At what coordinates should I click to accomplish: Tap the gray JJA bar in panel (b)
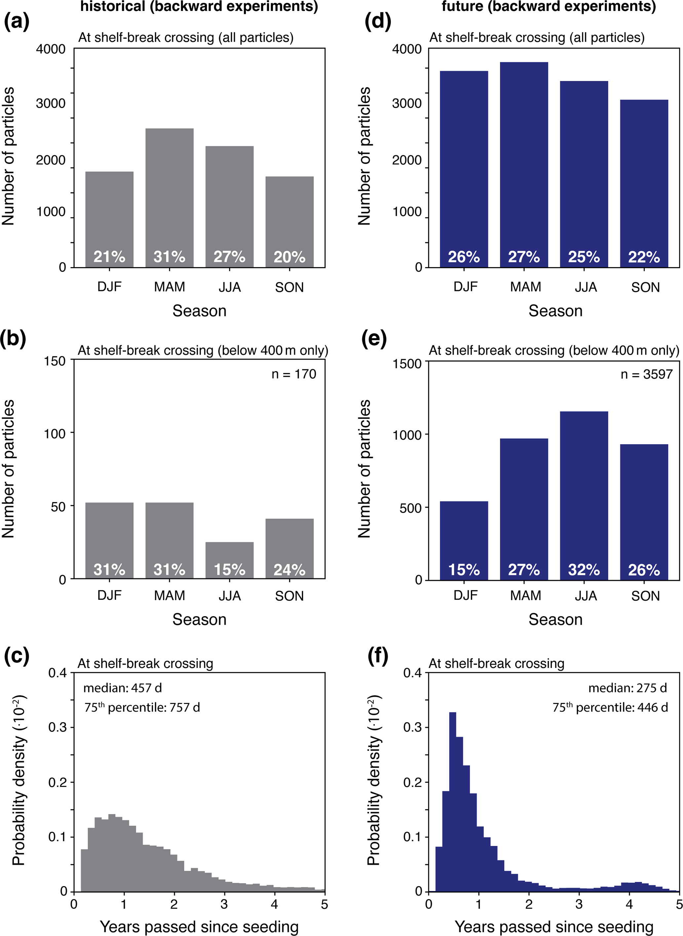[229, 554]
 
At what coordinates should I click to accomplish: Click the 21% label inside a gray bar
[109, 257]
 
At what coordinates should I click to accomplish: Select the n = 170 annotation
[293, 374]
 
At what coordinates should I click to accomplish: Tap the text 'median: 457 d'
[122, 688]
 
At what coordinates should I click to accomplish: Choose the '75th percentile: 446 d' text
[610, 707]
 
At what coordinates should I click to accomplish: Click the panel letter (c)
[17, 656]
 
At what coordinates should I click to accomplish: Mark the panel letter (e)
[374, 339]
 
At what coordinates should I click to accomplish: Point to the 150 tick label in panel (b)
[55, 361]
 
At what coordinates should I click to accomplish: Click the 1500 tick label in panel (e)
[407, 364]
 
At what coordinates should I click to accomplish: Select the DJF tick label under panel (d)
[466, 287]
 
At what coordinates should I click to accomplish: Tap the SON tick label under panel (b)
[289, 596]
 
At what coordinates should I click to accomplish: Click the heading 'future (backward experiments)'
[549, 7]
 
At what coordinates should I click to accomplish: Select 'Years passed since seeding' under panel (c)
[199, 926]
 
